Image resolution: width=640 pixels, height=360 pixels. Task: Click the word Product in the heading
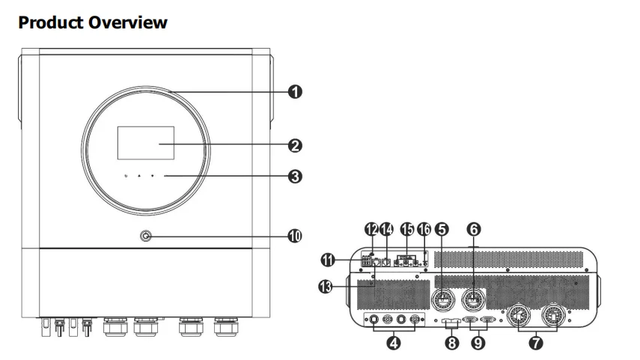(51, 22)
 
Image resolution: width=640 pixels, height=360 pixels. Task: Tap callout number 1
(295, 91)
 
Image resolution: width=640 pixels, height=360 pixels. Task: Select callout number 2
(295, 146)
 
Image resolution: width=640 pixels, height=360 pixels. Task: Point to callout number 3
(295, 177)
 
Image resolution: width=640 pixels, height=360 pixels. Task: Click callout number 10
(295, 236)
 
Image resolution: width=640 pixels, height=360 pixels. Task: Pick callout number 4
(394, 343)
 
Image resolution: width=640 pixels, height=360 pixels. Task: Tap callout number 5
(442, 229)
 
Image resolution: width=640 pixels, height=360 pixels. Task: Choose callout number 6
(474, 229)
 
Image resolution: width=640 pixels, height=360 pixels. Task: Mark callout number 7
(536, 343)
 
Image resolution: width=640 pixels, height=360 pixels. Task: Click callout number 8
(451, 343)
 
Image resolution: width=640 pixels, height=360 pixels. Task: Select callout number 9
(478, 343)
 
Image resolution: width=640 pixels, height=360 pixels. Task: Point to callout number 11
(328, 260)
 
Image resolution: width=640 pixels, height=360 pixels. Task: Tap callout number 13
(326, 287)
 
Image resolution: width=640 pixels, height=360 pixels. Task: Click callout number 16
(424, 229)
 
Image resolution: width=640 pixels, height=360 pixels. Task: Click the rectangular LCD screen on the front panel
(146, 143)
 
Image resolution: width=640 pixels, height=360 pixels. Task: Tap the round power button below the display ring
(146, 236)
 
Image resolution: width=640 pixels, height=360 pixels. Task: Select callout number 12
(371, 229)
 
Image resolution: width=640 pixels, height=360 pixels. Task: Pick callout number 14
(386, 229)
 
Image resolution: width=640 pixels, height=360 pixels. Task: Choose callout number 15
(407, 229)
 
